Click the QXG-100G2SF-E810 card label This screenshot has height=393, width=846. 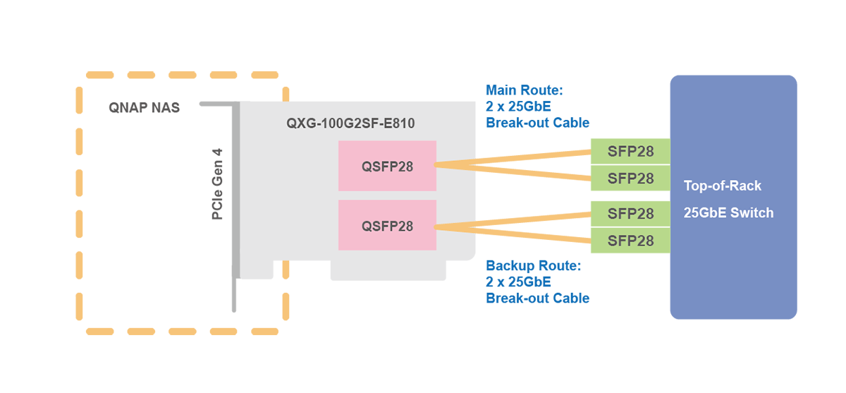[x=350, y=123]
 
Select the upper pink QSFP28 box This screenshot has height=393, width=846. [x=387, y=167]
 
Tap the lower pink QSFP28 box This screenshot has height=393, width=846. [x=387, y=226]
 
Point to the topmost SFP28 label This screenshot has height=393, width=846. [x=631, y=152]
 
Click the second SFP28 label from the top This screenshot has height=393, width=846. [x=631, y=179]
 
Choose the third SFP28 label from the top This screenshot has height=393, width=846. [x=631, y=213]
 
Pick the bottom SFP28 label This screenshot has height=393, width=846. [x=631, y=241]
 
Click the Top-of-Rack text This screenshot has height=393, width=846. [x=722, y=186]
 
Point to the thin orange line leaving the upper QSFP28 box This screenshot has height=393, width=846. [x=455, y=165]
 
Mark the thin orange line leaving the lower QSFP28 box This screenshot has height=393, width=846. [x=455, y=226]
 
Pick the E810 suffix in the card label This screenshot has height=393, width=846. [x=399, y=123]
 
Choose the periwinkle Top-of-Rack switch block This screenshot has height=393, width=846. [x=733, y=282]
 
